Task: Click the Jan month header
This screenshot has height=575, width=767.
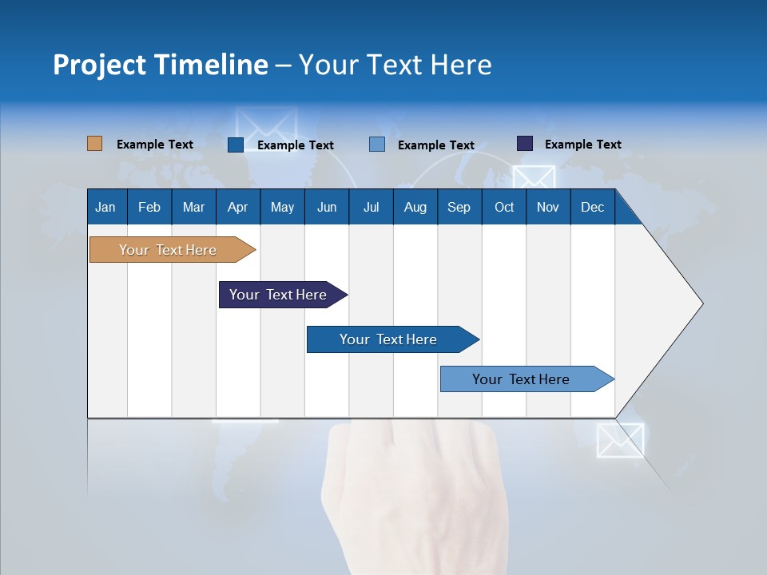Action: coord(105,207)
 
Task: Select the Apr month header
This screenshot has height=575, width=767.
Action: coord(237,207)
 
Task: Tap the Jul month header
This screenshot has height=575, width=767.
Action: coord(371,207)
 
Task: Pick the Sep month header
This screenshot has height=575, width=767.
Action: coord(459,207)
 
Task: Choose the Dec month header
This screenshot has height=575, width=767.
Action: coord(592,207)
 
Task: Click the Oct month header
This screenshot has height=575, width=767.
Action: coord(504,207)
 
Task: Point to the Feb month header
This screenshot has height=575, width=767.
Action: coord(149,207)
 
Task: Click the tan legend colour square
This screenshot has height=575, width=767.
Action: coord(94,144)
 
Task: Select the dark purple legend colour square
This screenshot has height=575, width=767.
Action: coord(525,144)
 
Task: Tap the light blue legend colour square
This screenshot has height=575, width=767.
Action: coord(377,145)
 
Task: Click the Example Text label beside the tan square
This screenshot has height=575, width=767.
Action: coord(155,145)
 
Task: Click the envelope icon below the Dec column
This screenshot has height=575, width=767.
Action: coord(620,440)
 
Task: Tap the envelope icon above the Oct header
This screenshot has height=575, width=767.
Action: coord(534,179)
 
